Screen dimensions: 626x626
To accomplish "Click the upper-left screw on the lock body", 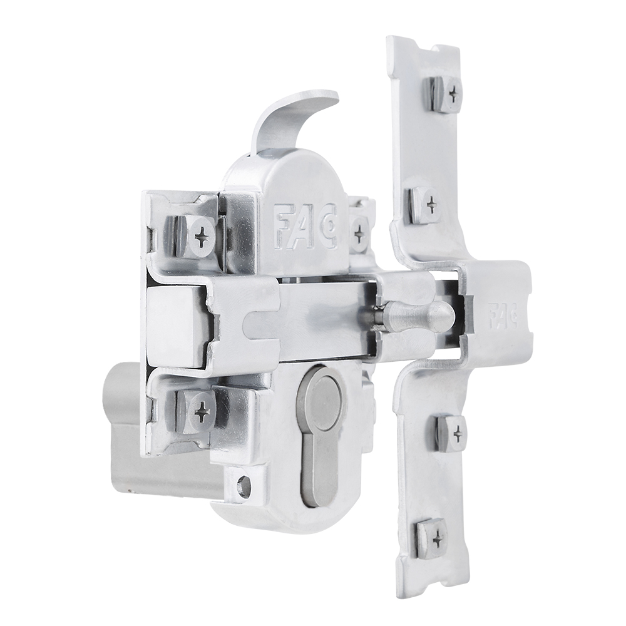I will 202,237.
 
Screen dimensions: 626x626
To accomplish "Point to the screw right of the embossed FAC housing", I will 359,233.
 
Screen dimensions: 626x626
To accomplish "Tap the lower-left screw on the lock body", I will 202,411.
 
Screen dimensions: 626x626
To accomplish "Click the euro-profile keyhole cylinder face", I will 321,432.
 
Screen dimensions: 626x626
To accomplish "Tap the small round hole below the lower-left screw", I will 244,485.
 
